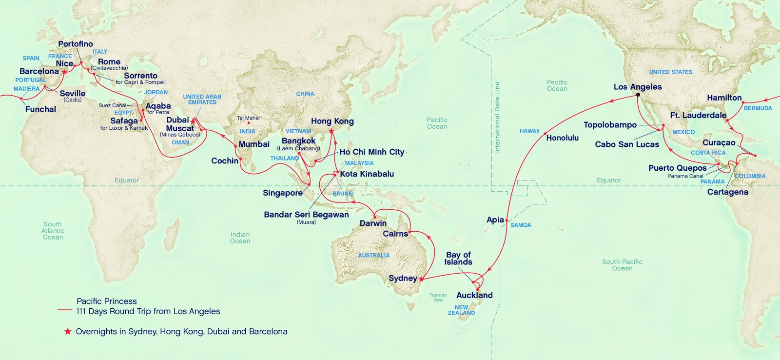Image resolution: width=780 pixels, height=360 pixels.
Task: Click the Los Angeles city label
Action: (637, 87)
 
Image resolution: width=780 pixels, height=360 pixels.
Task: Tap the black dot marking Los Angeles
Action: (638, 95)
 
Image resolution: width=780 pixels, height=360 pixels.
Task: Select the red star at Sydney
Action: (421, 280)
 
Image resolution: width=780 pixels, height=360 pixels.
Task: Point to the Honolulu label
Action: (562, 138)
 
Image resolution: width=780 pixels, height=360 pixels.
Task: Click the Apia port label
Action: (495, 220)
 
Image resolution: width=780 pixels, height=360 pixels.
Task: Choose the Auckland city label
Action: (474, 295)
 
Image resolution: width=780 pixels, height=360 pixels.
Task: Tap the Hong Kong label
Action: (332, 121)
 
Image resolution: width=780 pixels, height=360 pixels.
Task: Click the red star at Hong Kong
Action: (331, 130)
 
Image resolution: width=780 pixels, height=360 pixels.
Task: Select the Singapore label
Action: (283, 193)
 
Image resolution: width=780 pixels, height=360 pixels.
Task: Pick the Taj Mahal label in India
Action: (248, 118)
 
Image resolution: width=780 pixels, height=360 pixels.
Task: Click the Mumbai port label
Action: (254, 144)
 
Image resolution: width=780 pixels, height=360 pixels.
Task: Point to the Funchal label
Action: (40, 109)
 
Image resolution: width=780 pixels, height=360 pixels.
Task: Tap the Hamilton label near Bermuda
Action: (724, 98)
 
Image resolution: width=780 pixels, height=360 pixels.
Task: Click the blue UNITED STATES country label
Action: (670, 72)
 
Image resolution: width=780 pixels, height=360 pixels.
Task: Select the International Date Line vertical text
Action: (497, 117)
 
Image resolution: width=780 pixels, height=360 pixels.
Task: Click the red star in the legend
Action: (68, 332)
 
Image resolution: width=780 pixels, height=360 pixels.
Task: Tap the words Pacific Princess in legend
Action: (107, 301)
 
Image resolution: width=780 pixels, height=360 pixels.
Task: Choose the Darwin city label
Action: (373, 223)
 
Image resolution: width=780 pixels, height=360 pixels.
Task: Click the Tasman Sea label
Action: (438, 297)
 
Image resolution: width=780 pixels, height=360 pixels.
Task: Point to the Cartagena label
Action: (727, 192)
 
